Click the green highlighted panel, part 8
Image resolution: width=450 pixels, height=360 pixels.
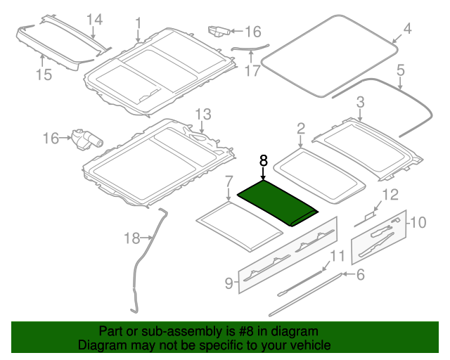coord(278,202)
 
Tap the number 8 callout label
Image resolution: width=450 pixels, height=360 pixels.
coord(263,161)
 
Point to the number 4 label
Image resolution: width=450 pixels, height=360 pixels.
coord(406,29)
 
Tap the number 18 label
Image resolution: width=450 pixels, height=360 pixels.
coord(131,238)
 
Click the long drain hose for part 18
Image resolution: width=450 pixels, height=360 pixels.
coord(146,260)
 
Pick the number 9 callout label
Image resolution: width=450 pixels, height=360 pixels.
coord(229,283)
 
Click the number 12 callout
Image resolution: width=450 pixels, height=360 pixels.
coord(390,194)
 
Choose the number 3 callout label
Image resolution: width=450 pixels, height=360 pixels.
coord(359,103)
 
